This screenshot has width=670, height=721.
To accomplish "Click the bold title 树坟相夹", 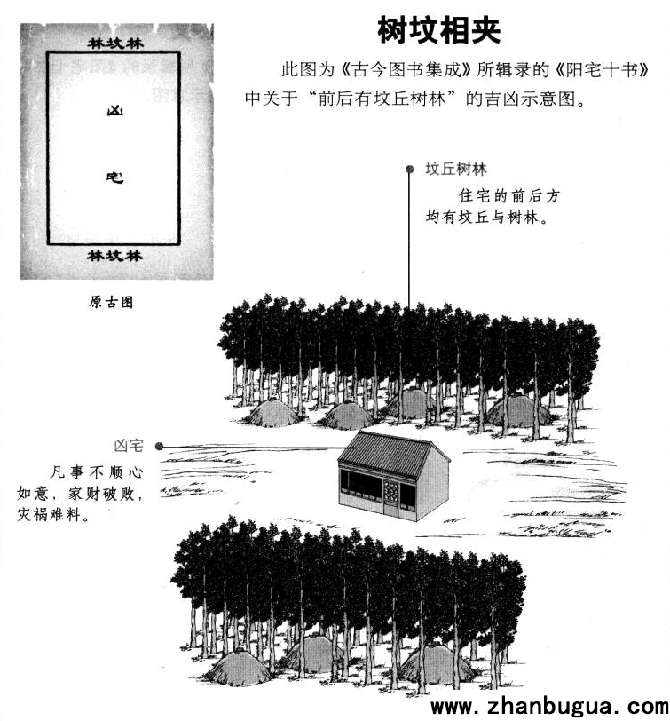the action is [x=439, y=30].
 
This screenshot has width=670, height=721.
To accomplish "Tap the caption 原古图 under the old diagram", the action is [x=111, y=302].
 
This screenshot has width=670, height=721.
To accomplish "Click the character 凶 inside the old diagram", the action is [x=114, y=111].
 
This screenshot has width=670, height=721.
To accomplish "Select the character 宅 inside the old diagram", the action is [x=114, y=177].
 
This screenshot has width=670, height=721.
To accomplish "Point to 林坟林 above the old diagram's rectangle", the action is [x=115, y=44].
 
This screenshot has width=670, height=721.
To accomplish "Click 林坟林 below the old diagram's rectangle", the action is [x=114, y=255].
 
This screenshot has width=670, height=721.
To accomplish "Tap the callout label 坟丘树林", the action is [x=456, y=170].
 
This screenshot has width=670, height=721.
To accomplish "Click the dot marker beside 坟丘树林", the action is [x=409, y=170].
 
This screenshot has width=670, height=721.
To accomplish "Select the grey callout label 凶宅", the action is [x=129, y=446].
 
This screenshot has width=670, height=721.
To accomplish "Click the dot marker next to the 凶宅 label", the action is [x=160, y=446].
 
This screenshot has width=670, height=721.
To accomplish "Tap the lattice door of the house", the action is [x=391, y=495].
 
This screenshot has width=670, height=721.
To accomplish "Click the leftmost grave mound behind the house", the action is [x=272, y=413].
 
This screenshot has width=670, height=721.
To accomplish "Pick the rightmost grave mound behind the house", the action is [x=518, y=409].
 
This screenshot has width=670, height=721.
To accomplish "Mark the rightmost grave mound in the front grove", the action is [x=435, y=662].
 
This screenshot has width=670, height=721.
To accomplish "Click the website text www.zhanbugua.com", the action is [x=549, y=707].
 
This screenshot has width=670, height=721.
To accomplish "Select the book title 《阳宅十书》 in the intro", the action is [x=603, y=69].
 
